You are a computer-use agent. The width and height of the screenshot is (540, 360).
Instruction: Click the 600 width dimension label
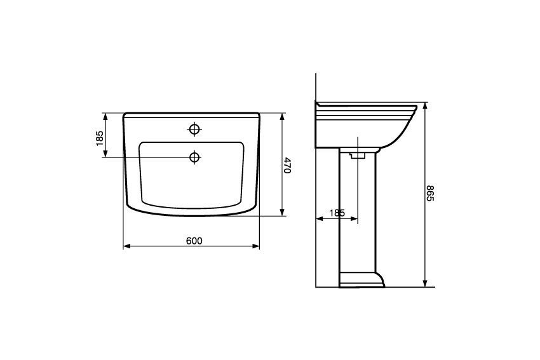[194, 241]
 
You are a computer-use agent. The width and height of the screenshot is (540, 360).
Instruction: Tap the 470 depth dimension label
[287, 166]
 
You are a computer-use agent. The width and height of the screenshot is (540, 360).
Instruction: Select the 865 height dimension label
[431, 194]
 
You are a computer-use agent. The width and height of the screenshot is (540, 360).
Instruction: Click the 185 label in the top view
[100, 138]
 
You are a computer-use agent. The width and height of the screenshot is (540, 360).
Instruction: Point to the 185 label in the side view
[337, 213]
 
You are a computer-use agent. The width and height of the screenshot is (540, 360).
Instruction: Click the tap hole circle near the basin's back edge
[194, 129]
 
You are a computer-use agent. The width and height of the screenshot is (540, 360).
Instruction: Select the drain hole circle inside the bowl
[194, 157]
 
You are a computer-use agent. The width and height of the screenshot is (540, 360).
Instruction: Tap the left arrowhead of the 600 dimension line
[126, 246]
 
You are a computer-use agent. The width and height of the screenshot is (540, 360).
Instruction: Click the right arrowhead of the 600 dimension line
[256, 246]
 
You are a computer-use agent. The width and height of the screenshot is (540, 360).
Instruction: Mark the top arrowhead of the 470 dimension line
[283, 117]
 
